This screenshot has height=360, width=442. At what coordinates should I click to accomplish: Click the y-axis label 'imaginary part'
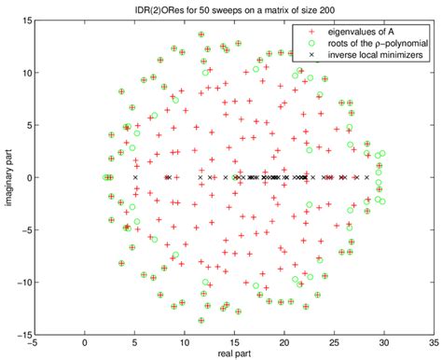point(8,177)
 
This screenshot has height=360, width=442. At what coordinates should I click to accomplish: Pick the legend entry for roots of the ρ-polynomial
point(371,42)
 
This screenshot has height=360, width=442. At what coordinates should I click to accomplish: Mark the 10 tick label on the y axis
point(26,73)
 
